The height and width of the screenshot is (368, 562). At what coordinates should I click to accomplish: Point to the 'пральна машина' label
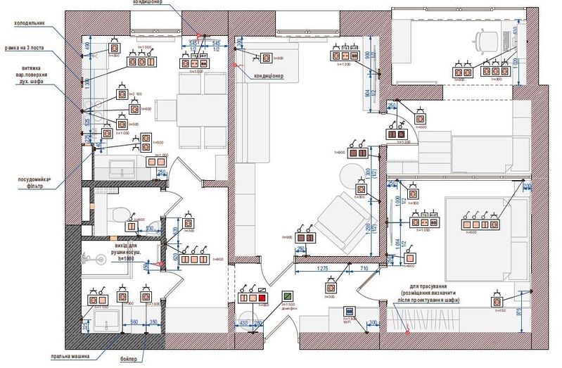click(x=70, y=356)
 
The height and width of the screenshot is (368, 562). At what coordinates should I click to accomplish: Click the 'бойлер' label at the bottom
click(x=128, y=360)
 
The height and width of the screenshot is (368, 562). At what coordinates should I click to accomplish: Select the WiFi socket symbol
click(x=347, y=311)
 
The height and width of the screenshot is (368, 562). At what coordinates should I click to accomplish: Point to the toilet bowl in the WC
click(x=120, y=212)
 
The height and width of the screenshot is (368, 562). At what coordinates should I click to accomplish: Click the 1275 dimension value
click(x=321, y=269)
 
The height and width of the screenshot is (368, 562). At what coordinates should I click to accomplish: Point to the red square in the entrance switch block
click(x=262, y=298)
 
